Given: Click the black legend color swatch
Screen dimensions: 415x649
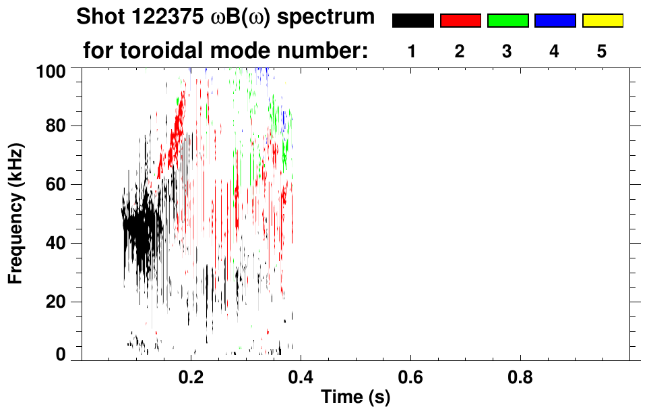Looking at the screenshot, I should coord(413,20).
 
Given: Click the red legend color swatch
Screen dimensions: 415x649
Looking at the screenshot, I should coord(460,20).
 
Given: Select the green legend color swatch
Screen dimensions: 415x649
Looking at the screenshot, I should coord(507,20).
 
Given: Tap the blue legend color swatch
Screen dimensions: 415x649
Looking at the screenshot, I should coord(555,20).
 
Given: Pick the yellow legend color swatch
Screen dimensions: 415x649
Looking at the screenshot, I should coord(602,20).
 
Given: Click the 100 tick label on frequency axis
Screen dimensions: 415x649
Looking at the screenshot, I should coord(51,70).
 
